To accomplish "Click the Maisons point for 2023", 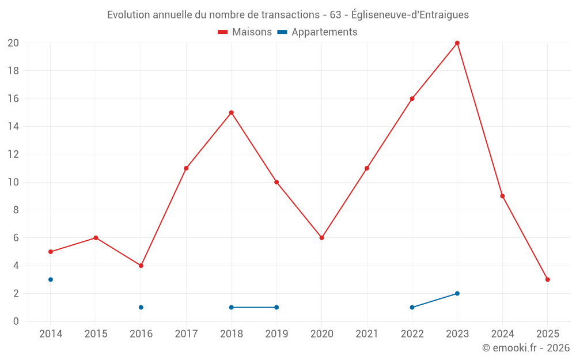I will point(457,43).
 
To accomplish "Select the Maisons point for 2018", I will point(232,113).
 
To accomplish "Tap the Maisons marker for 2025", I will point(548,279).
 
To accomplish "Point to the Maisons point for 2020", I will point(322,238).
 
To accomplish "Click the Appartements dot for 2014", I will point(51,279).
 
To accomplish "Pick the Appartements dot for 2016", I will point(141,308).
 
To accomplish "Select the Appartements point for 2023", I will point(457,293).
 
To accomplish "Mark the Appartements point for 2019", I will point(276,308).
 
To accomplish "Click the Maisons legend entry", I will point(245,32).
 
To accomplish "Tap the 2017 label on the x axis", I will point(186,334).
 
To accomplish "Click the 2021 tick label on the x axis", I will point(367,334).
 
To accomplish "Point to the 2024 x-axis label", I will point(502,334).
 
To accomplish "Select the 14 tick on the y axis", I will point(13,127).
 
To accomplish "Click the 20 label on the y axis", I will point(13,43).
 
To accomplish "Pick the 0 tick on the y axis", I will point(16,321).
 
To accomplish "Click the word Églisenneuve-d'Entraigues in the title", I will point(410,15).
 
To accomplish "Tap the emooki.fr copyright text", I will point(526,348).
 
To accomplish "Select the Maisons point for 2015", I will point(96,238).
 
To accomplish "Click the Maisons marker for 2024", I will point(502,196).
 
